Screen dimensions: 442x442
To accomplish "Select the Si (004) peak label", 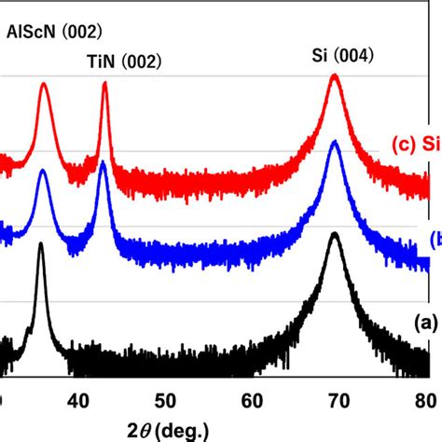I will (341, 55).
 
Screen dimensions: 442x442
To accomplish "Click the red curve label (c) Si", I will (415, 144).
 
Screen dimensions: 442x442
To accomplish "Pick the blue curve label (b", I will (435, 240).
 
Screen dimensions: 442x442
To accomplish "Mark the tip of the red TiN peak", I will (104, 83).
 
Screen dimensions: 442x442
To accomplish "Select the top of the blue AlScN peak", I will (43, 171).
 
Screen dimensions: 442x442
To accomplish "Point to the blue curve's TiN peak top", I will (103, 173).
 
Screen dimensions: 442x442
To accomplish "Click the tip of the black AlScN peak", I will (40, 245).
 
